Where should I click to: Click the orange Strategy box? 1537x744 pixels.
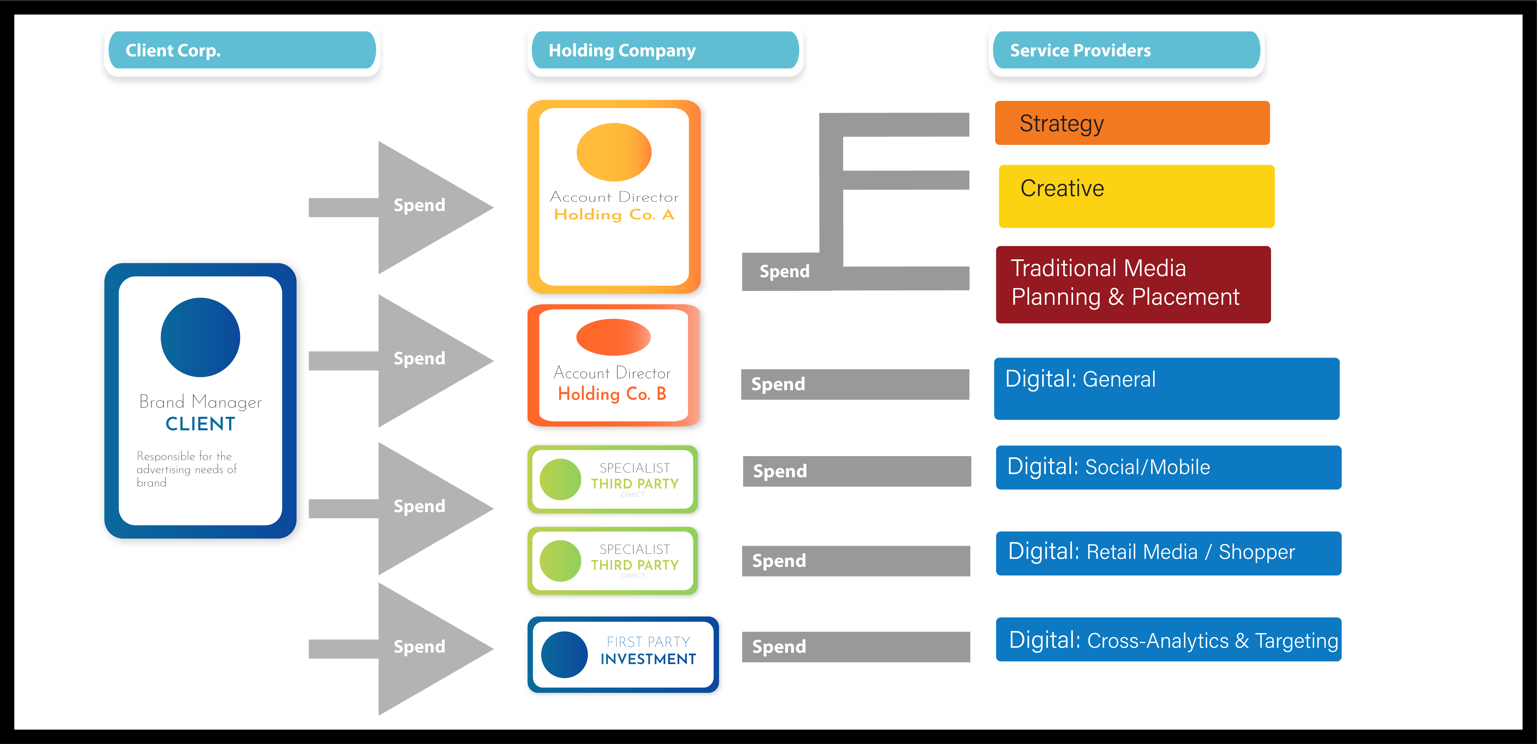[x=1132, y=123]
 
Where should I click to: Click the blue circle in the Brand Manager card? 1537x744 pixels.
[x=200, y=337]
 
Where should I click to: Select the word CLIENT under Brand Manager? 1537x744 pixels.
[x=200, y=424]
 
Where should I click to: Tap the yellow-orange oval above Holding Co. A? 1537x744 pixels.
[x=613, y=152]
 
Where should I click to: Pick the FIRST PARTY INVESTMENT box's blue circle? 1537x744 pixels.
[x=564, y=654]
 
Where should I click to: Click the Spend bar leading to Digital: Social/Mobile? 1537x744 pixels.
[x=856, y=471]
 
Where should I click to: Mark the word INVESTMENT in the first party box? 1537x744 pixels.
[x=648, y=659]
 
